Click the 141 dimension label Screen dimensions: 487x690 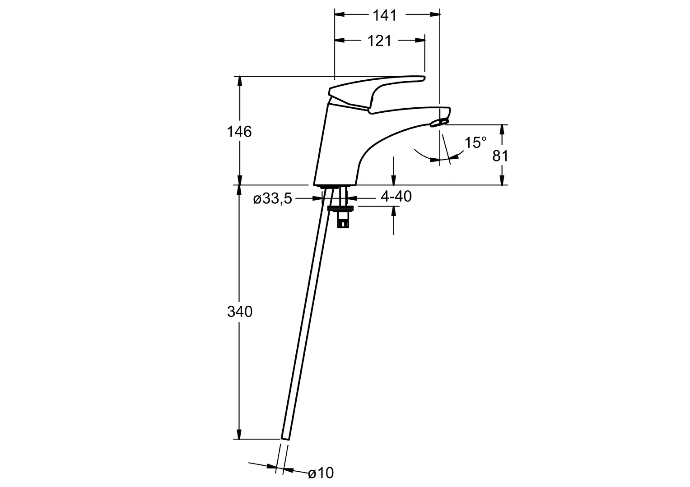coord(385,15)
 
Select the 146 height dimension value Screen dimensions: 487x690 coord(239,132)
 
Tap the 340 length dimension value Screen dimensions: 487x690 coord(239,312)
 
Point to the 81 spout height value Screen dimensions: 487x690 coord(500,156)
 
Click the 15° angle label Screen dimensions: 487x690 coord(476,143)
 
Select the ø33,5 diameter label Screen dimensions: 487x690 coord(273,198)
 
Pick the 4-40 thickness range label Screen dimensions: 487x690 coord(396,197)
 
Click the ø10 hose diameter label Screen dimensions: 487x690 coord(321,473)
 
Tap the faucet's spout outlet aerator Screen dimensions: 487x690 coord(440,122)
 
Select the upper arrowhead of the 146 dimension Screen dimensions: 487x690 coord(239,81)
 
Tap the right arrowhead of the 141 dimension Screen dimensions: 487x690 coord(435,15)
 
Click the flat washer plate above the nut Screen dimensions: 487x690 coord(341,207)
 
